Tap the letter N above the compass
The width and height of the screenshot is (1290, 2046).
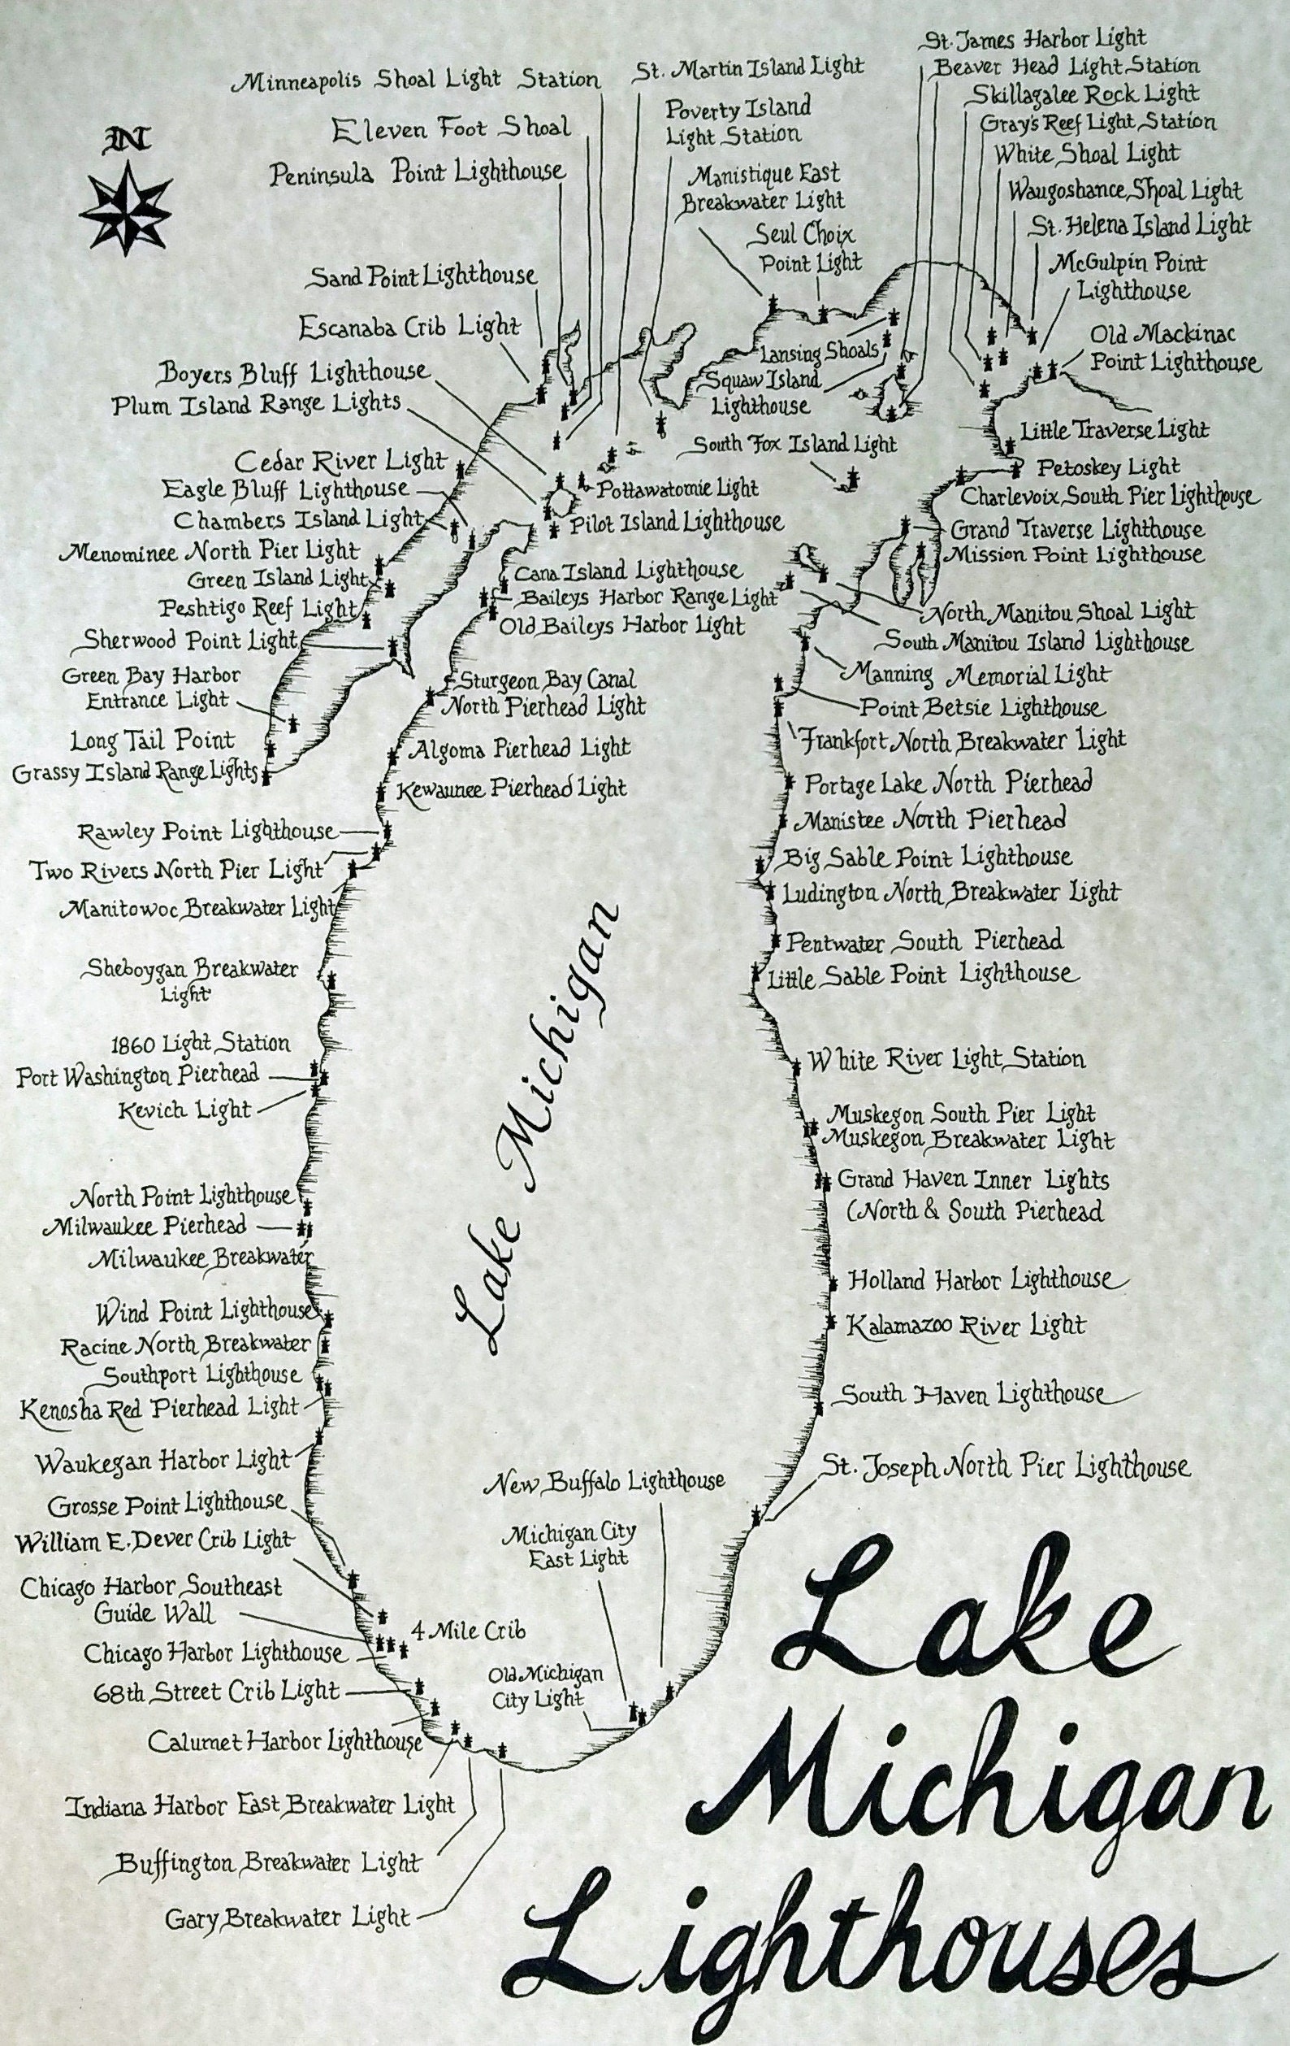125,138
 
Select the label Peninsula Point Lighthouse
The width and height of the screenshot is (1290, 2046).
417,172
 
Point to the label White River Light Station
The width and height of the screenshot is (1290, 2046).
946,1060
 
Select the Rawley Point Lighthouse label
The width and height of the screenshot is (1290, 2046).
206,830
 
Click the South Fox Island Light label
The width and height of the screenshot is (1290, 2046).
794,445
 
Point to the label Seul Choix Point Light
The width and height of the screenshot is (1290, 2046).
807,247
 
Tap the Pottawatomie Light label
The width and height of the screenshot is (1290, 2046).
677,489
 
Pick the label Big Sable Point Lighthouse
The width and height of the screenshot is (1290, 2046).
926,857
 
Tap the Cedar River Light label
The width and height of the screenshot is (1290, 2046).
340,462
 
